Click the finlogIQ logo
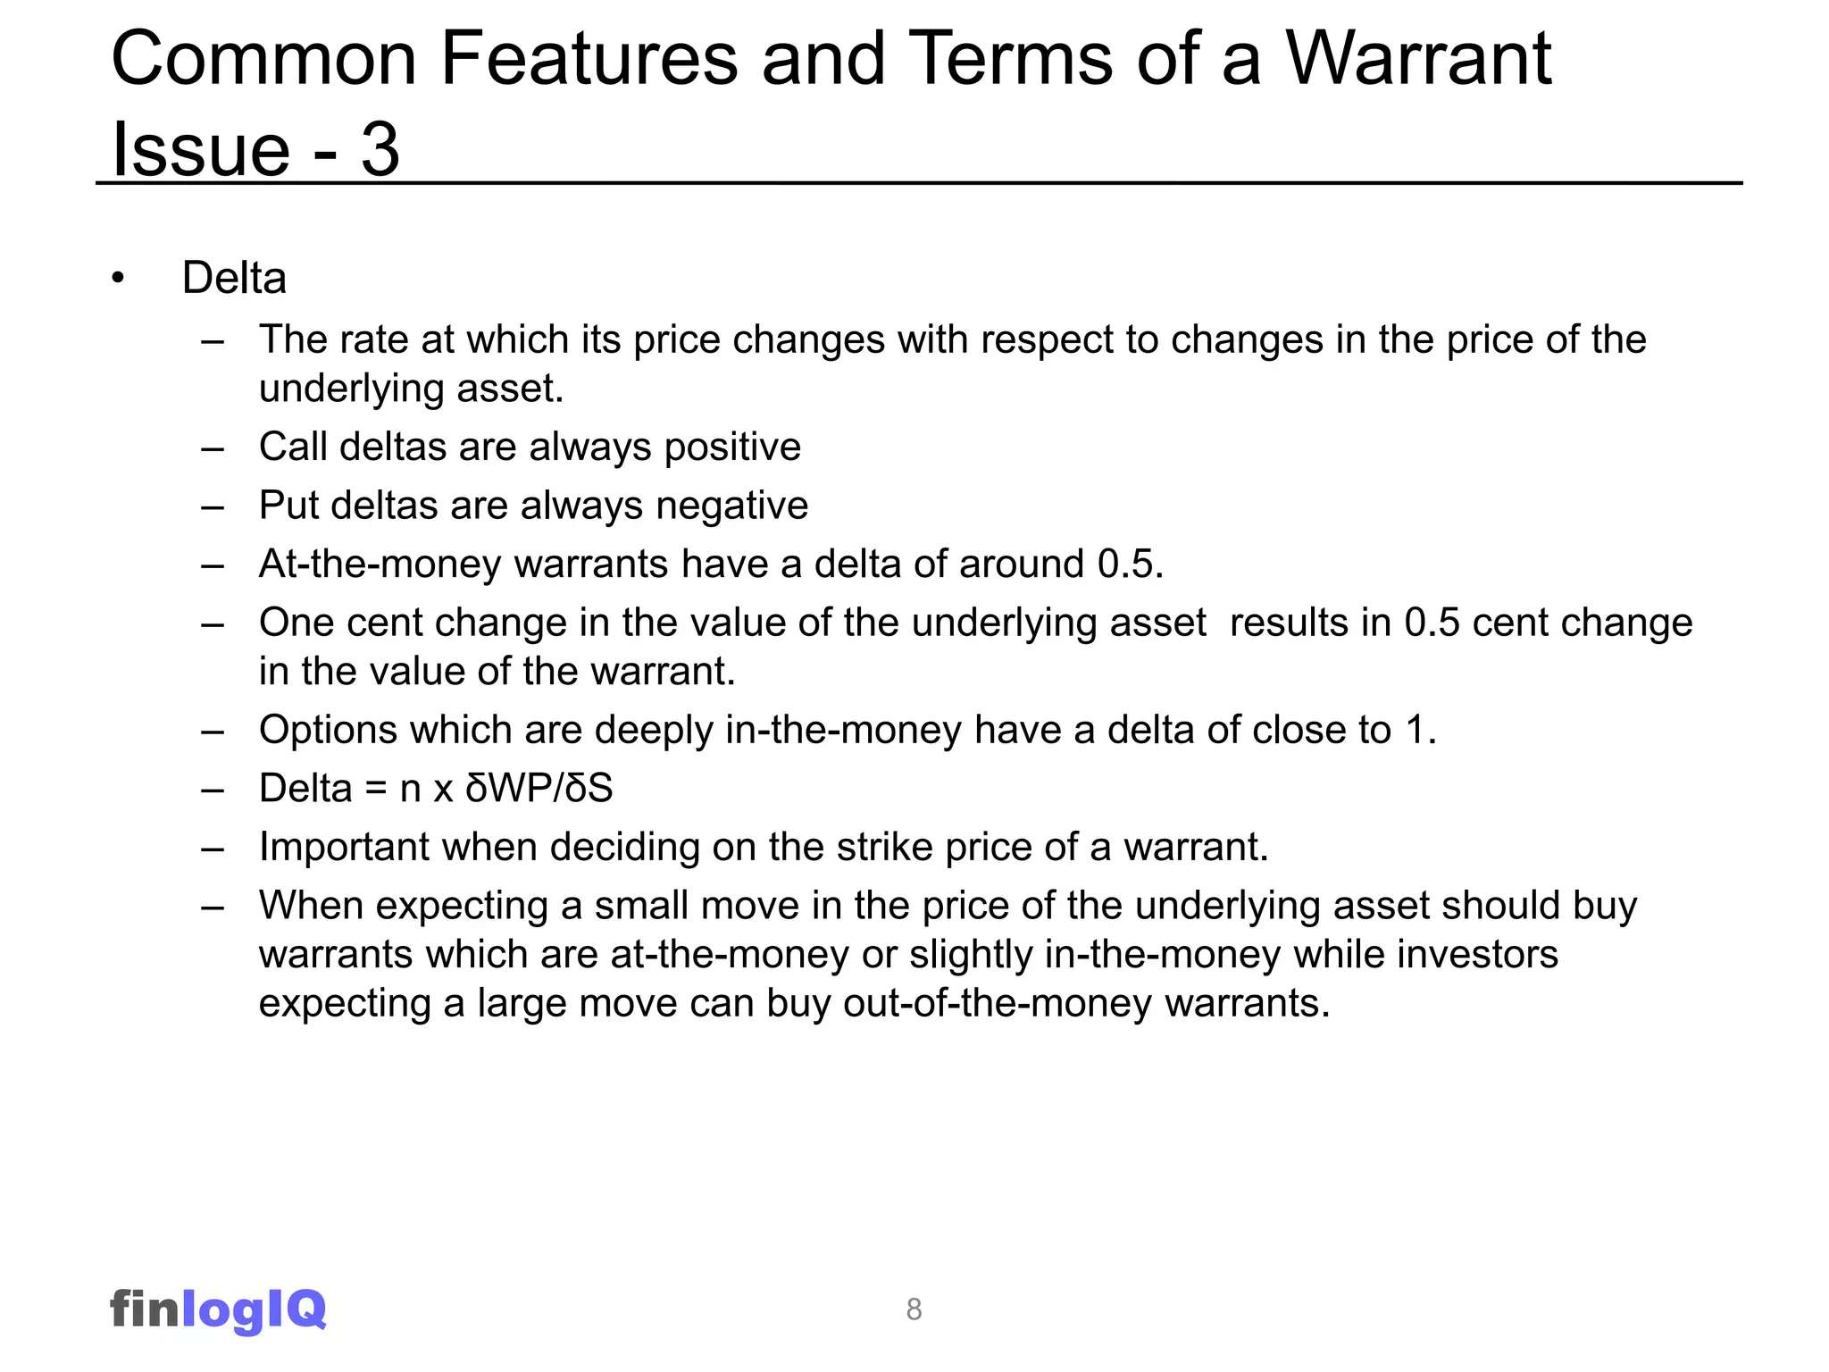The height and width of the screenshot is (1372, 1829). coord(218,1309)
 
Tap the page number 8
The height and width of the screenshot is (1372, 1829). coord(914,1309)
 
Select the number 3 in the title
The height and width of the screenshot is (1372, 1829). coord(380,149)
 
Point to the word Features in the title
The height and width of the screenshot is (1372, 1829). coord(589,59)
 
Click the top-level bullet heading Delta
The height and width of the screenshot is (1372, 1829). coord(234,278)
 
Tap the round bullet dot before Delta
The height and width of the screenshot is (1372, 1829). coord(118,279)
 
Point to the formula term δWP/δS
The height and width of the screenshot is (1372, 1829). coord(539,789)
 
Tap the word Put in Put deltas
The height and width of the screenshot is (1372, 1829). coord(288,506)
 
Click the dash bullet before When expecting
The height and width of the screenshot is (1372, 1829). coord(213,907)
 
